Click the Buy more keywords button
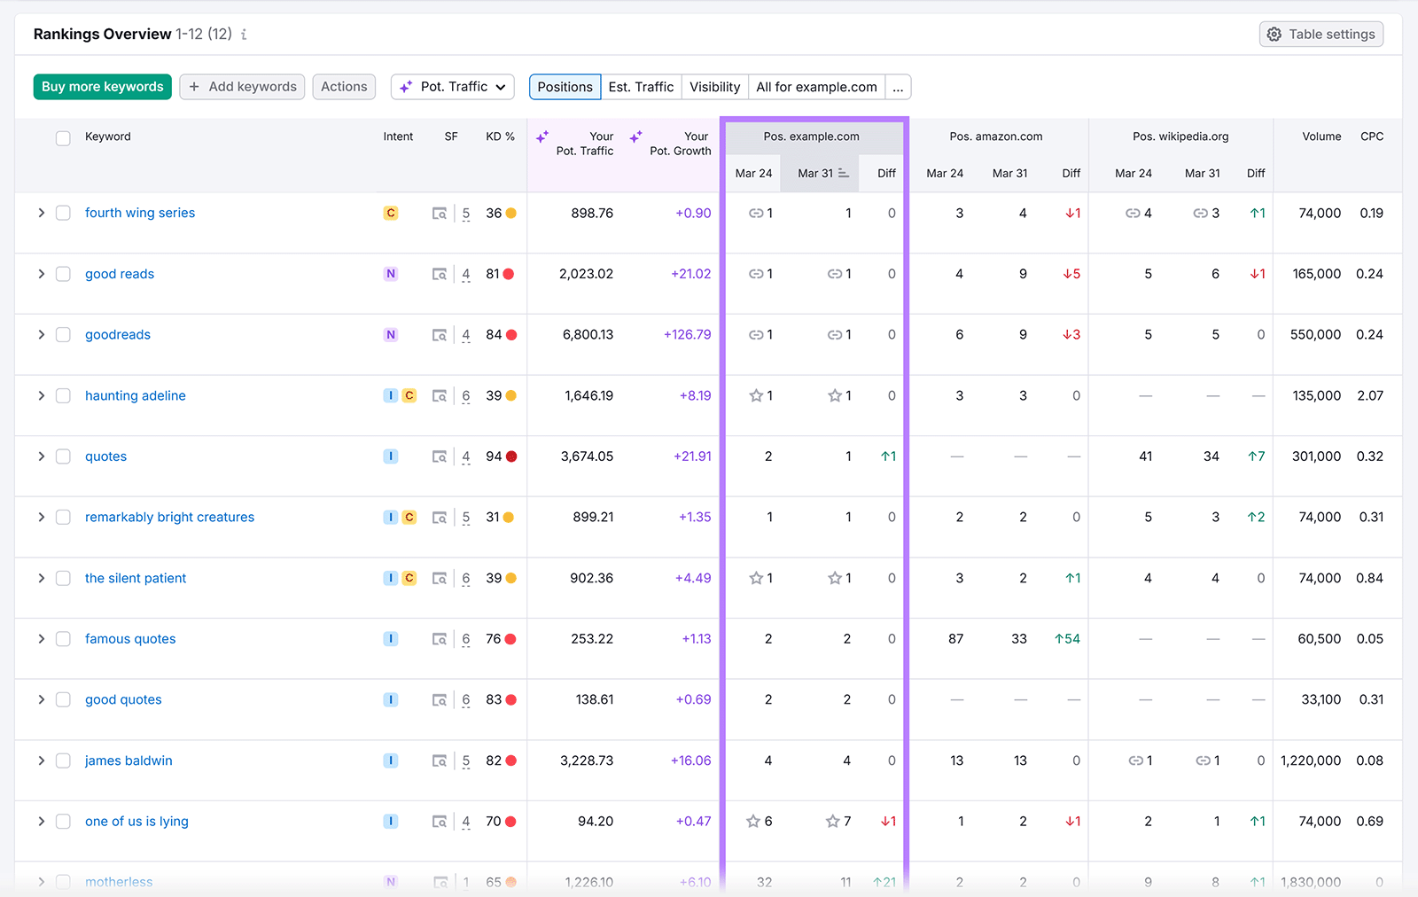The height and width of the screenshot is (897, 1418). pos(102,87)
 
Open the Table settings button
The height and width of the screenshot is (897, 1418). pos(1321,34)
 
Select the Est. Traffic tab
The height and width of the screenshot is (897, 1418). pos(641,87)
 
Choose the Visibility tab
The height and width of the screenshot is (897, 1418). pos(714,87)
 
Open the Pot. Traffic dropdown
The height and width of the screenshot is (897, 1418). pos(453,87)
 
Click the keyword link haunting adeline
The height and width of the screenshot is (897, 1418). pos(136,395)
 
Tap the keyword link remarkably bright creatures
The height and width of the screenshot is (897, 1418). pos(169,517)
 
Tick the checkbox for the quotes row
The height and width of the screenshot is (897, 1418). pos(63,456)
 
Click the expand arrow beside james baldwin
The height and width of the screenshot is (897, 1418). pos(41,760)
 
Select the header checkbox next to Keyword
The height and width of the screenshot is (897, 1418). pos(63,138)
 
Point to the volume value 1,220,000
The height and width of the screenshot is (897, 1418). pos(1310,760)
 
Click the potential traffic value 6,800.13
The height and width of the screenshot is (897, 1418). pos(588,334)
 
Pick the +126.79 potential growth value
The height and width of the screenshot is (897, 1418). pos(687,334)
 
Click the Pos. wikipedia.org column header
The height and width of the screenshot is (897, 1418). pos(1180,136)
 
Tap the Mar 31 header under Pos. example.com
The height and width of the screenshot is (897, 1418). pos(815,173)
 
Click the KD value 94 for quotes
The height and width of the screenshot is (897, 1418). pos(494,456)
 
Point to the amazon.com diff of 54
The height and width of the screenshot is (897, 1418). pos(1067,638)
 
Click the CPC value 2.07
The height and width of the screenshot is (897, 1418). pos(1369,395)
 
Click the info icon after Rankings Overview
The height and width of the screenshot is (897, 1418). pos(244,35)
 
